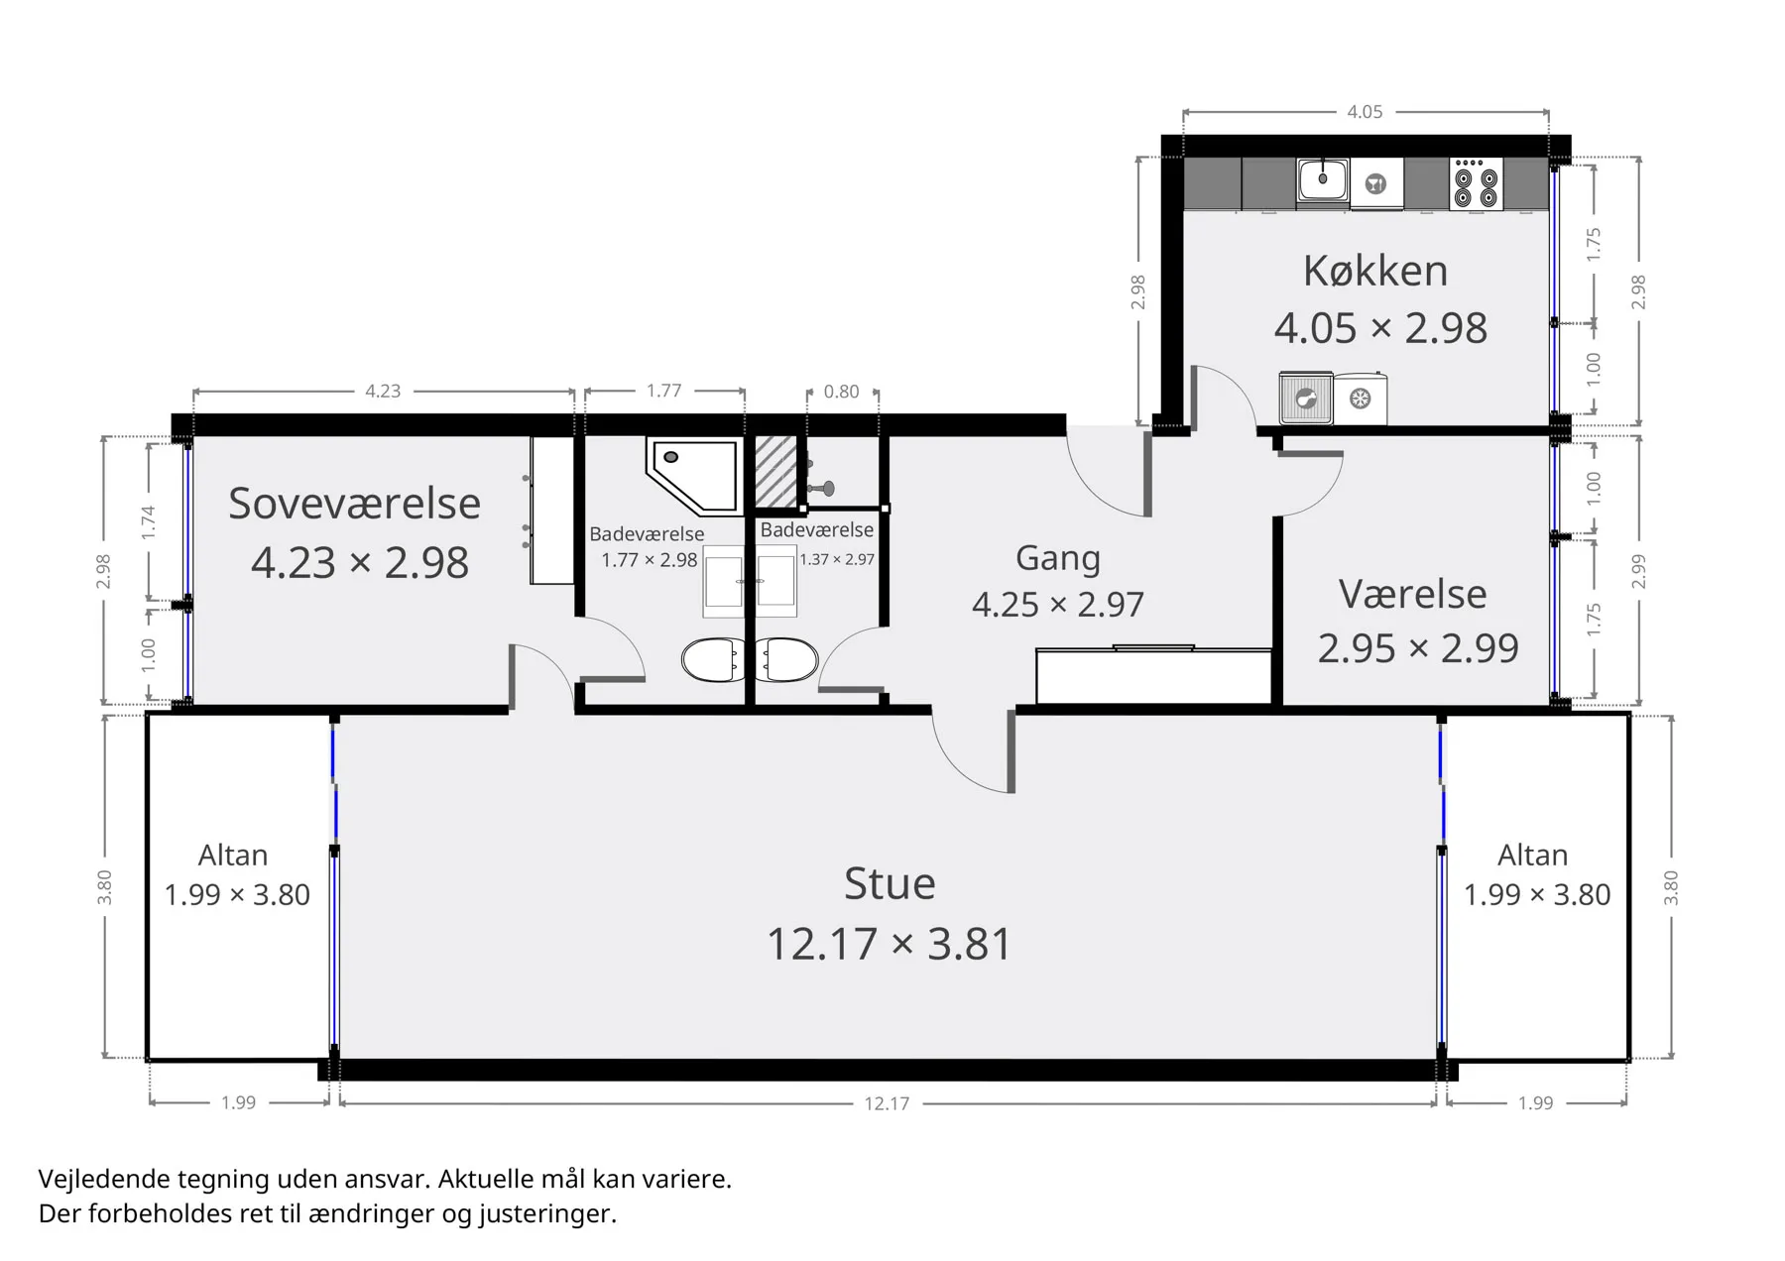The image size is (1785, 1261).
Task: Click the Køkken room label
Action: point(1375,271)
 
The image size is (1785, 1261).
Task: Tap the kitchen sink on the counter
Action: point(1322,181)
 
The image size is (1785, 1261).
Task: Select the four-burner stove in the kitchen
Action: point(1476,183)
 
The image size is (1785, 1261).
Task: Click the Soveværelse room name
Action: point(354,504)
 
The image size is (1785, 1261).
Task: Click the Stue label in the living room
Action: point(890,883)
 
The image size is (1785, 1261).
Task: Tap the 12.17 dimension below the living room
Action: point(887,1103)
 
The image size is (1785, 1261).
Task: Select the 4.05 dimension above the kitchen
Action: point(1365,112)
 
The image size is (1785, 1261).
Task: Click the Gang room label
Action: point(1058,558)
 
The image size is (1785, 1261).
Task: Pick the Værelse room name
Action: point(1413,594)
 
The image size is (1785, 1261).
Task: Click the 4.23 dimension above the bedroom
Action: point(383,391)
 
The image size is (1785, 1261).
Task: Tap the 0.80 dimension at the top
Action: point(841,392)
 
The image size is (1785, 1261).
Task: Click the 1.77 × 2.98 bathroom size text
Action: point(650,560)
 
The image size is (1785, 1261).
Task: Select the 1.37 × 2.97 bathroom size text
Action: point(837,559)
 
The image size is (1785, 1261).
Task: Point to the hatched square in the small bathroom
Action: point(775,472)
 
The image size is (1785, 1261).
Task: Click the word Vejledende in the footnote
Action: point(104,1180)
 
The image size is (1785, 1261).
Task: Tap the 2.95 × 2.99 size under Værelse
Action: point(1418,648)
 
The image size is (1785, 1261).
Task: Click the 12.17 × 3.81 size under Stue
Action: point(890,944)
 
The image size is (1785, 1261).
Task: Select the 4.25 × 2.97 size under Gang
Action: point(1058,604)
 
